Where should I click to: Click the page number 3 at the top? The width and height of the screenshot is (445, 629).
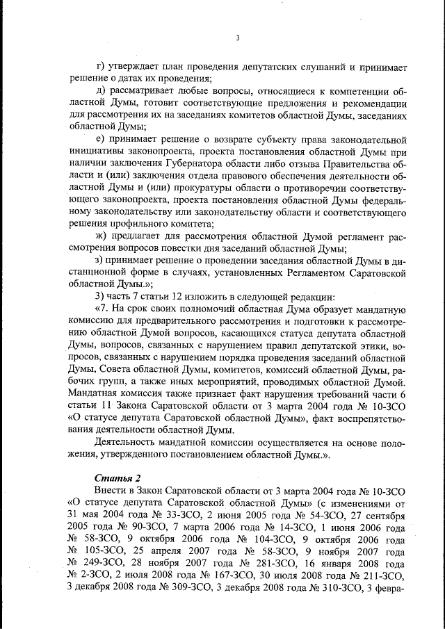click(237, 38)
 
